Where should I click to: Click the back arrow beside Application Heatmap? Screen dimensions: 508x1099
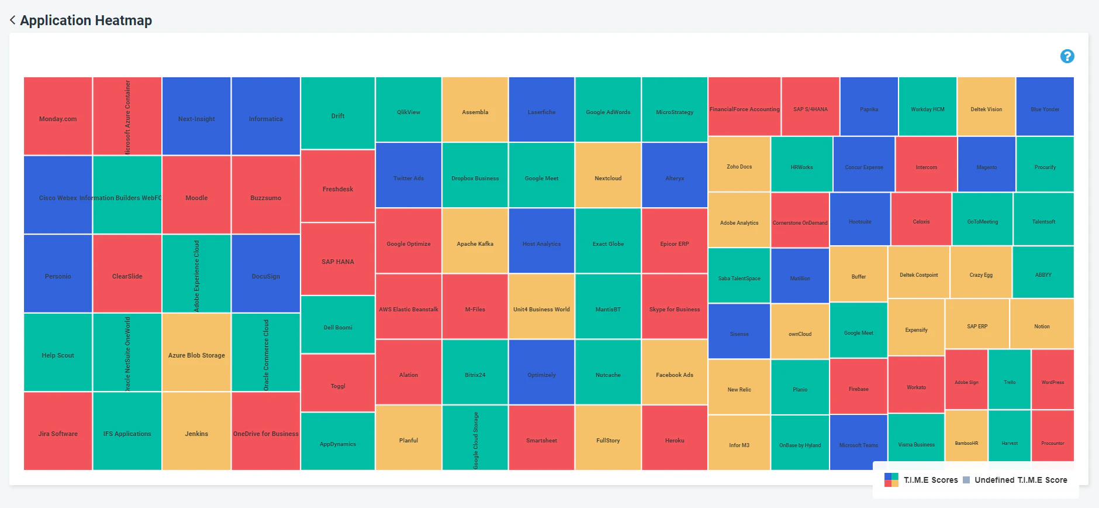(12, 20)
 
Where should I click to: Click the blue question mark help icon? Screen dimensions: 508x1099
(1067, 56)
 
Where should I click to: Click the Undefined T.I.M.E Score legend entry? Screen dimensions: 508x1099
(1020, 480)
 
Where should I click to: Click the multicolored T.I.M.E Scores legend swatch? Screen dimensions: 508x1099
(891, 480)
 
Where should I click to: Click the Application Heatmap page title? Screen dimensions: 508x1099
(86, 20)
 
